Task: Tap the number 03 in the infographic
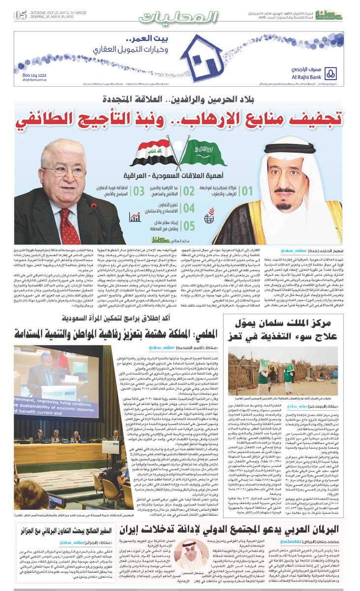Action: pyautogui.click(x=140, y=191)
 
